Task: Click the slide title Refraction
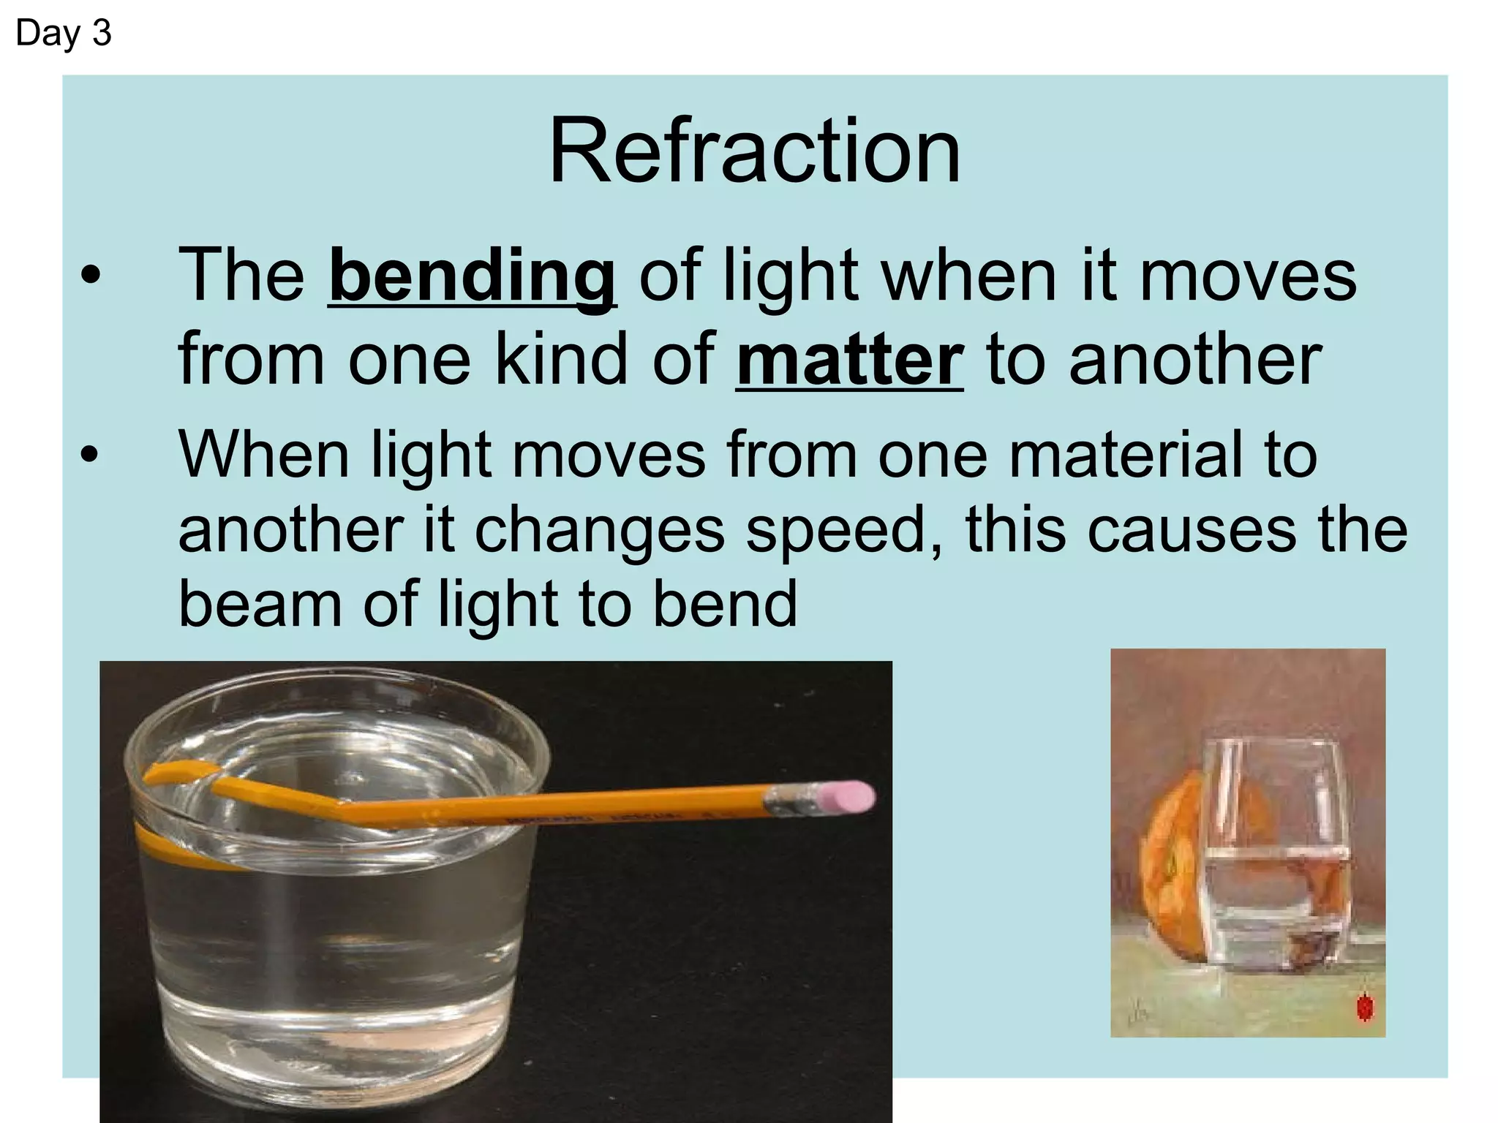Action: [x=754, y=152]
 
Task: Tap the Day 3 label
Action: [x=63, y=34]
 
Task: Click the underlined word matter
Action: [x=849, y=360]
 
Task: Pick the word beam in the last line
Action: [x=260, y=605]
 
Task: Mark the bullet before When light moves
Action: [x=89, y=455]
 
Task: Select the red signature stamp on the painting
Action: [x=1364, y=1007]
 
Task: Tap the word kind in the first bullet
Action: [x=561, y=360]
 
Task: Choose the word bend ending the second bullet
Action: [x=724, y=605]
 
